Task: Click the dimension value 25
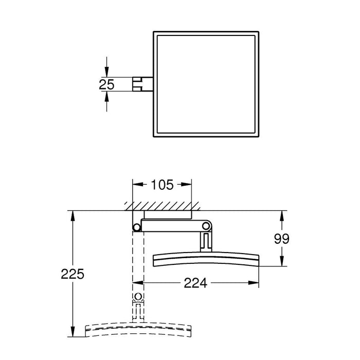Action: pos(106,84)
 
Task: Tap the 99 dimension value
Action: pos(282,239)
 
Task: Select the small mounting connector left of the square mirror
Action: pos(142,84)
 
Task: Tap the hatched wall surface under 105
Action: pos(161,206)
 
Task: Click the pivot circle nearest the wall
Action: pos(136,227)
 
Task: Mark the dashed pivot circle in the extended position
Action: pos(138,297)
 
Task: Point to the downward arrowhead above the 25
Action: pos(106,73)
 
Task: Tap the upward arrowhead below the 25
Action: pos(106,96)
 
